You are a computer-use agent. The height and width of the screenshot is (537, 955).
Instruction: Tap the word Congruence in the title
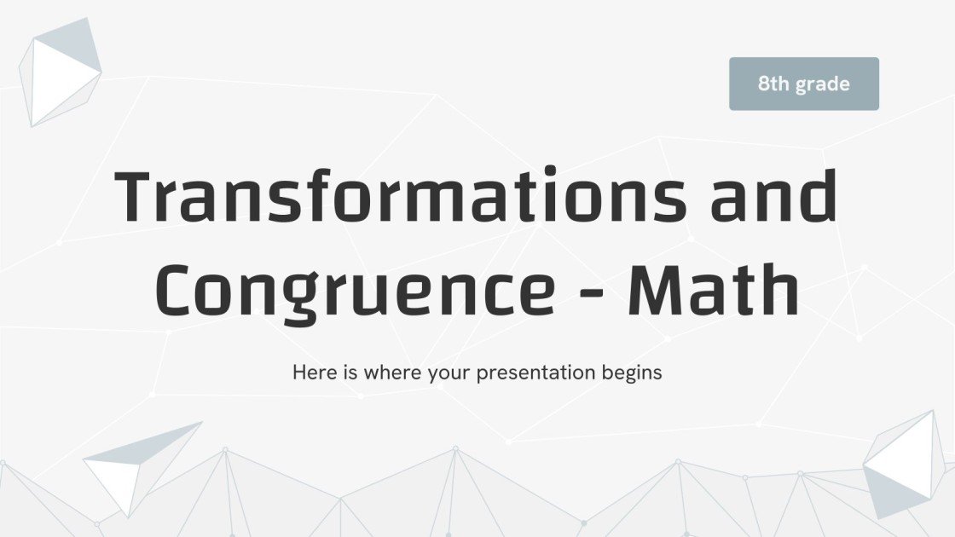pos(356,290)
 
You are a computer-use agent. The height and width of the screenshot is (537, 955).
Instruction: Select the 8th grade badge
pos(803,84)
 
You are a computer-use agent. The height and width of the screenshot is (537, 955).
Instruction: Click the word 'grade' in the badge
pos(823,84)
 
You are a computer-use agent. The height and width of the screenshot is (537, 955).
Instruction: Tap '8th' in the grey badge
pos(773,84)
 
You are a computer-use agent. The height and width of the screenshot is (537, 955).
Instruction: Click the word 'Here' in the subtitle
pos(310,372)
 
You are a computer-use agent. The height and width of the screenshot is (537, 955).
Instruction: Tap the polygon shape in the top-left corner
pos(61,72)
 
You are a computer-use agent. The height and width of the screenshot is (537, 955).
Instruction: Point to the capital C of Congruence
pos(182,290)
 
